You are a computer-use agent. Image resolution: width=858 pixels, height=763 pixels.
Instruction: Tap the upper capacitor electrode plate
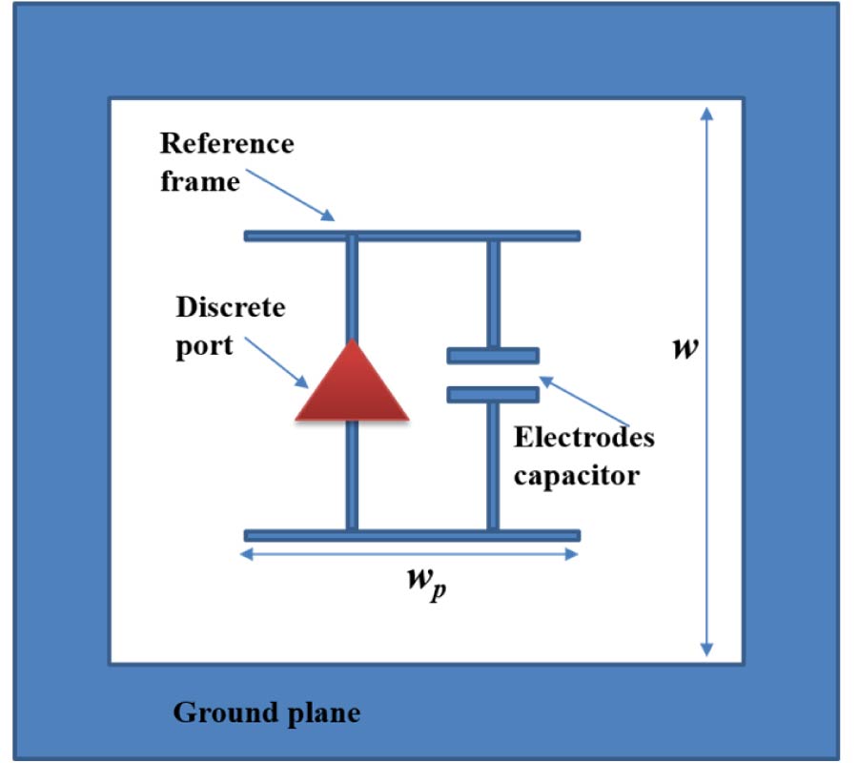493,356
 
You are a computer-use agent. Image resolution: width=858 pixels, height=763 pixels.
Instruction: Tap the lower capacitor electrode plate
493,394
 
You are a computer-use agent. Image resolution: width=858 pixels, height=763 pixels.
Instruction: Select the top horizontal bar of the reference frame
412,236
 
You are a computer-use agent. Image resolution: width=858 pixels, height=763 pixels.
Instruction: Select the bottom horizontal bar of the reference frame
412,535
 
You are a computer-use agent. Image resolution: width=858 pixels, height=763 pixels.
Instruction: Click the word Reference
227,144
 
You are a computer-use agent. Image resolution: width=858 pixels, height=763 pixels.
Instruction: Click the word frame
199,180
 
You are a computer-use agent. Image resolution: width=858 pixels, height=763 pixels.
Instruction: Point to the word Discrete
230,309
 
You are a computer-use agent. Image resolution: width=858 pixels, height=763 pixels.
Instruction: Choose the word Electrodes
583,438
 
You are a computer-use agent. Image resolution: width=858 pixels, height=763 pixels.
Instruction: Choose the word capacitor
576,474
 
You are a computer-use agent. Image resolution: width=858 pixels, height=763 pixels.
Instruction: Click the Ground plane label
267,712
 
